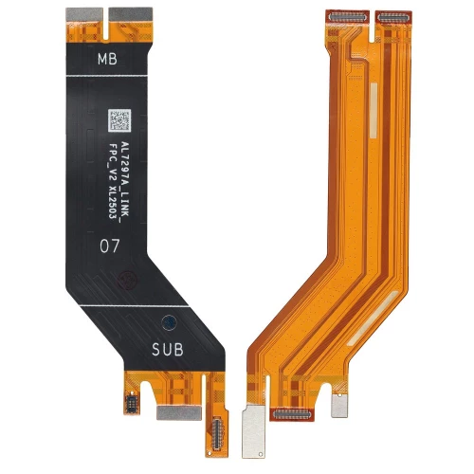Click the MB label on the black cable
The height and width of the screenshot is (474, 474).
[x=109, y=59]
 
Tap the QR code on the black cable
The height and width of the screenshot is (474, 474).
[x=118, y=121]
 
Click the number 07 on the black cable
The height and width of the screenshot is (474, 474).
[x=110, y=244]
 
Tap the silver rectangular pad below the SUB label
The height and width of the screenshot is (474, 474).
[x=169, y=389]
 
